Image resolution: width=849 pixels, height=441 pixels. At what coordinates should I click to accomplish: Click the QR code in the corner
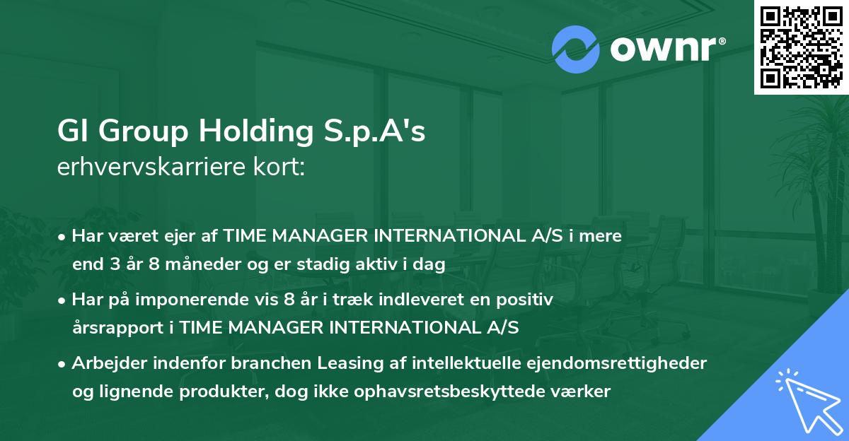pyautogui.click(x=801, y=47)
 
